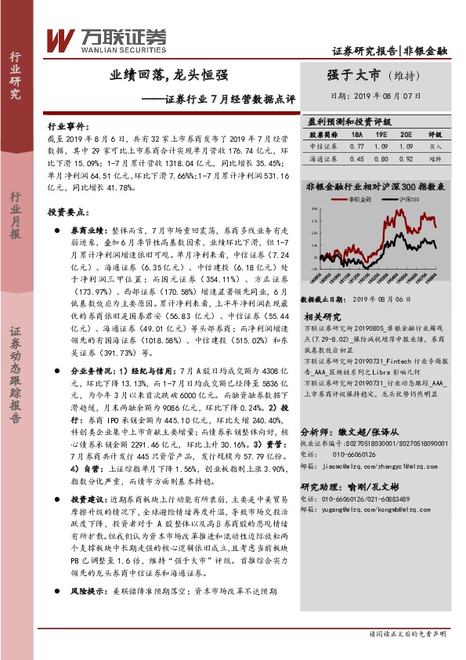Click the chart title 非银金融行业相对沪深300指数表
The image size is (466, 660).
376,187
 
